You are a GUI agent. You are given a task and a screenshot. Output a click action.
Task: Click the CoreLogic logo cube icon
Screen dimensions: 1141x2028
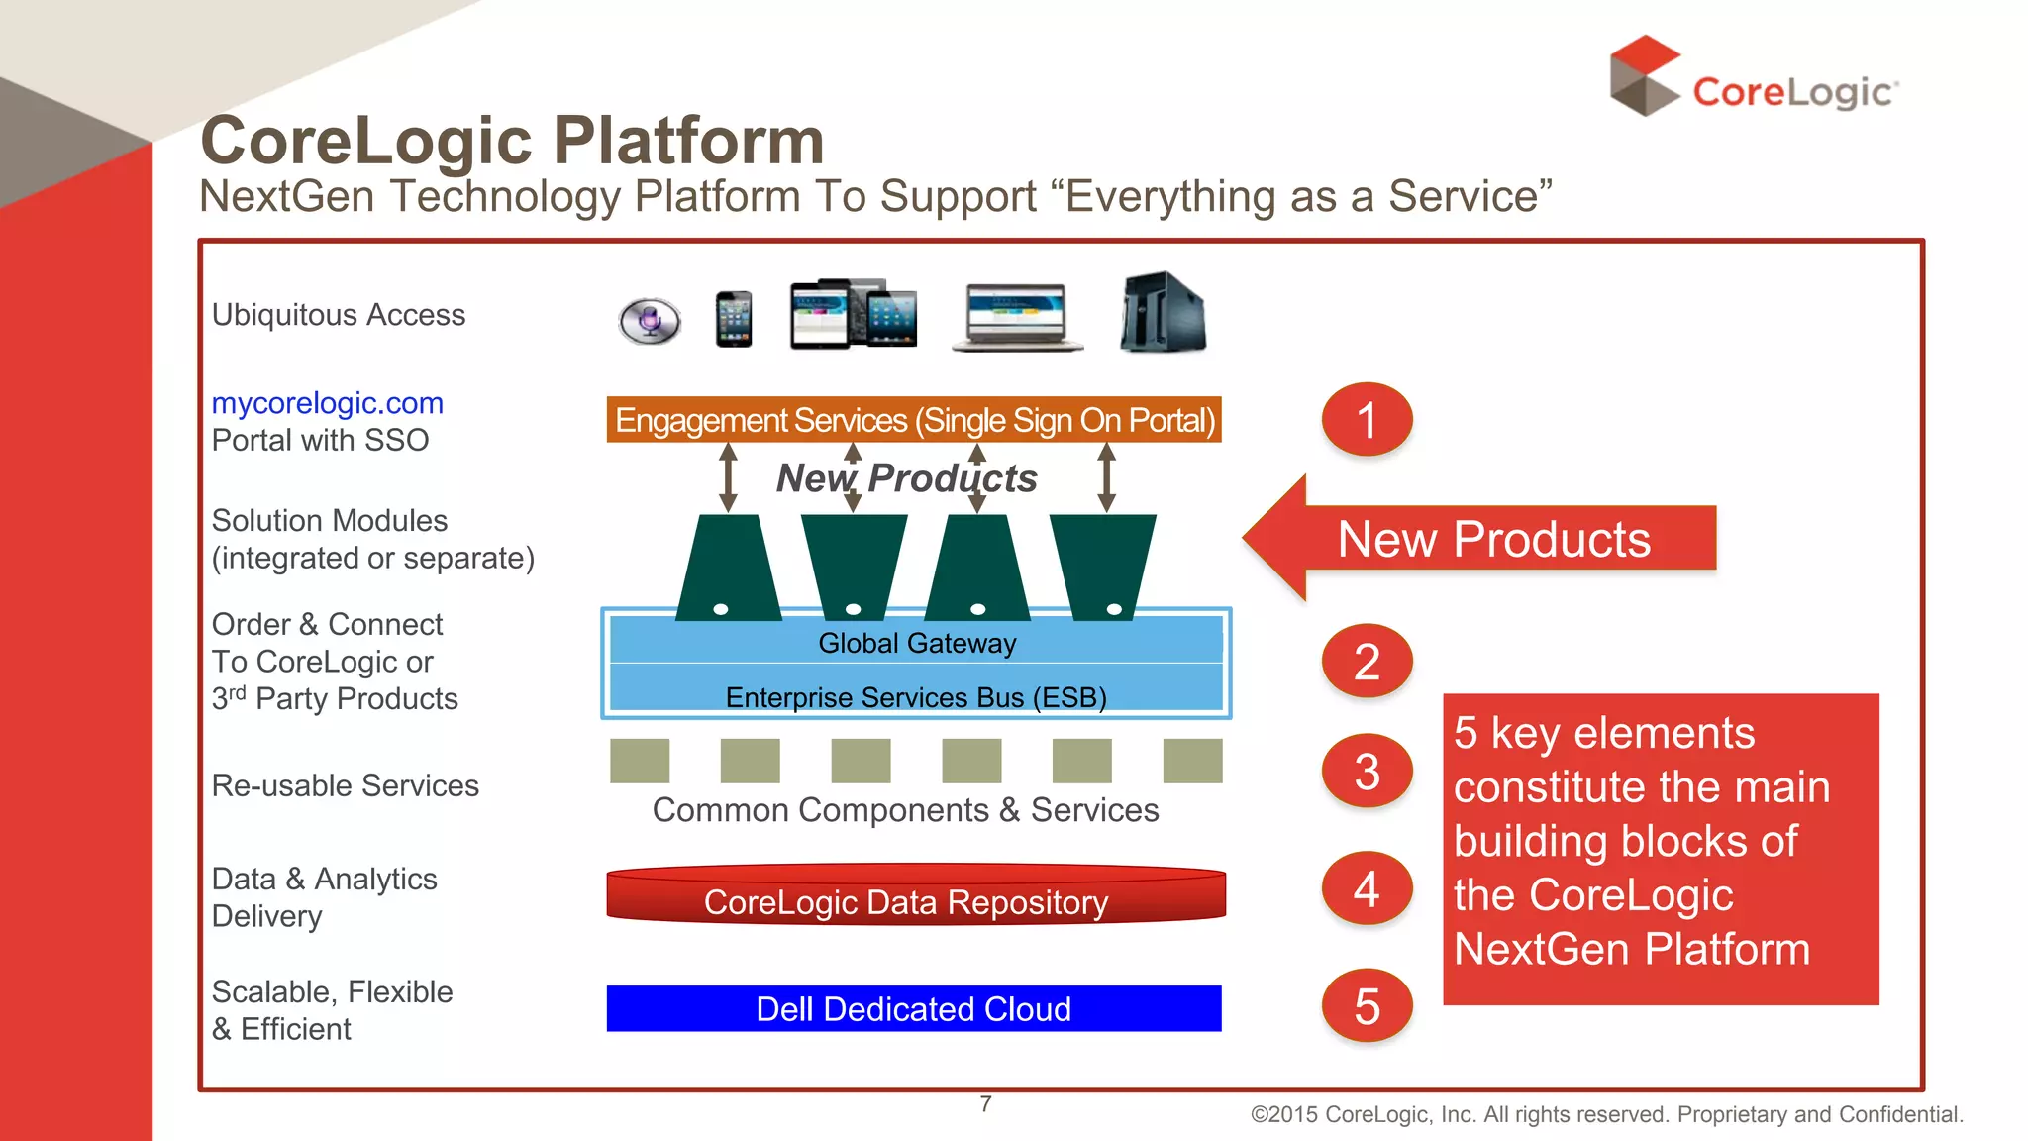pyautogui.click(x=1644, y=76)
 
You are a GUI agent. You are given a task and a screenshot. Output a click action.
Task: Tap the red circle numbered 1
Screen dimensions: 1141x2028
pyautogui.click(x=1367, y=420)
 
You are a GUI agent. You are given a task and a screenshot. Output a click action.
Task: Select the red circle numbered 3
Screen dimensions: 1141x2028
pyautogui.click(x=1367, y=772)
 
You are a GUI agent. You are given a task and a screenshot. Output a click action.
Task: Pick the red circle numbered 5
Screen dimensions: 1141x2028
pyautogui.click(x=1367, y=1006)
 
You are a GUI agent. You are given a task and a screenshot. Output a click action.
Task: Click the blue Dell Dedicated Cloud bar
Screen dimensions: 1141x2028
pyautogui.click(x=913, y=1008)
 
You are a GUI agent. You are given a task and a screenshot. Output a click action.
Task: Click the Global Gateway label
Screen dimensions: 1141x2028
pyautogui.click(x=917, y=643)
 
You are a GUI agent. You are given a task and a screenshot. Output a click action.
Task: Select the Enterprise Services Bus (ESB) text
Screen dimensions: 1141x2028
pyautogui.click(x=916, y=697)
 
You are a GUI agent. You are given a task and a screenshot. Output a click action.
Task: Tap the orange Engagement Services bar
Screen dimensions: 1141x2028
pyautogui.click(x=913, y=420)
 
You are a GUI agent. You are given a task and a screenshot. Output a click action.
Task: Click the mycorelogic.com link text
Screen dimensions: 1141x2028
pyautogui.click(x=327, y=403)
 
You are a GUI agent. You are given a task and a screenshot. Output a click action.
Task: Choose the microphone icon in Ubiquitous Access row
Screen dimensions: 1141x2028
pyautogui.click(x=650, y=320)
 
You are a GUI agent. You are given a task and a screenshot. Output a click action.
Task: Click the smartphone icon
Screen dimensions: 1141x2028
pyautogui.click(x=734, y=319)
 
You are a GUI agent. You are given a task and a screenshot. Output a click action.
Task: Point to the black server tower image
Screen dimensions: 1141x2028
pyautogui.click(x=1163, y=312)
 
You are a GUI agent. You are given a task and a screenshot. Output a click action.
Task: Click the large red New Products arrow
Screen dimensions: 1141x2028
pyautogui.click(x=1479, y=539)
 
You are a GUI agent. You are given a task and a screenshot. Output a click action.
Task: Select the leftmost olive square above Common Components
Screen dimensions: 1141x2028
pyautogui.click(x=640, y=761)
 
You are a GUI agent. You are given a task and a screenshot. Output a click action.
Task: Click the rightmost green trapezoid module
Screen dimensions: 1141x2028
pyautogui.click(x=1102, y=565)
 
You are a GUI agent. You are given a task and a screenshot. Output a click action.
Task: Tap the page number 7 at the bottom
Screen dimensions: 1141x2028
pyautogui.click(x=985, y=1103)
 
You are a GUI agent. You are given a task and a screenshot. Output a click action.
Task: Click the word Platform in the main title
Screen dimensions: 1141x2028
pyautogui.click(x=688, y=140)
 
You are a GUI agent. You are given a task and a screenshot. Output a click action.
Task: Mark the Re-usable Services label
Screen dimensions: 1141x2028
pyautogui.click(x=345, y=785)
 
